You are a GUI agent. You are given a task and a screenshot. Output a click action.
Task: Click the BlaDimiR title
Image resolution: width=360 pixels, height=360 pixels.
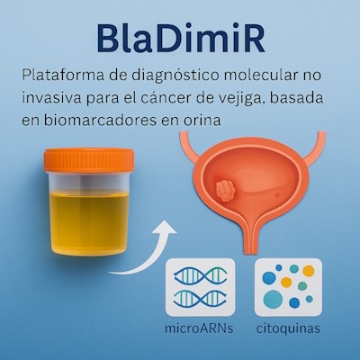[181, 40]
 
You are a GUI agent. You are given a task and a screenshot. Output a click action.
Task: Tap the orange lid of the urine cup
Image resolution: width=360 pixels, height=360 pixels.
[89, 160]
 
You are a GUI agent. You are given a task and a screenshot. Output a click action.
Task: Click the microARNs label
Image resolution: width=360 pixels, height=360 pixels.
[199, 328]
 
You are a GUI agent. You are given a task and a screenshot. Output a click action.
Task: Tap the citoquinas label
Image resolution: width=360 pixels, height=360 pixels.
[288, 328]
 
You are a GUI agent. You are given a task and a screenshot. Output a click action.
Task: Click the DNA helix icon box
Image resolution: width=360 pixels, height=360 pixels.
[201, 287]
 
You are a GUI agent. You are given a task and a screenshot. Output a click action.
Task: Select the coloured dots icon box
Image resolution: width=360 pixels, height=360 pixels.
[288, 287]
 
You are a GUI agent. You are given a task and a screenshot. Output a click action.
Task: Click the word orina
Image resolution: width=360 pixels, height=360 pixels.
[206, 121]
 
